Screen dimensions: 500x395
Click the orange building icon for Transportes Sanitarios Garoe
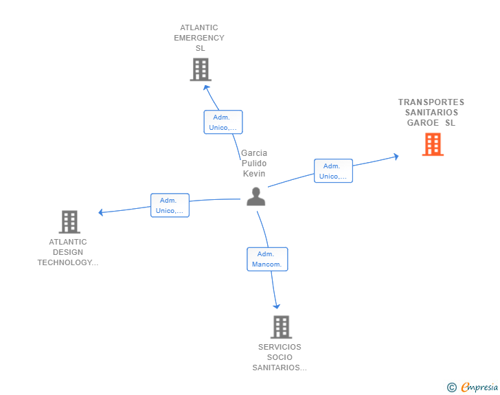[x=433, y=144]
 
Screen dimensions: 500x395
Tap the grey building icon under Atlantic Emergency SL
[x=201, y=69]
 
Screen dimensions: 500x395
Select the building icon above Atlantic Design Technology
[x=69, y=222]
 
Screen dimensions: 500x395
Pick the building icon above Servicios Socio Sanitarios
[x=282, y=327]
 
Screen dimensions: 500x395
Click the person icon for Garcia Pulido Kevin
[x=255, y=196]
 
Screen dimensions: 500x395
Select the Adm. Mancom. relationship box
[x=267, y=259]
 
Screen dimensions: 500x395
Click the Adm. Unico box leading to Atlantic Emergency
[x=223, y=122]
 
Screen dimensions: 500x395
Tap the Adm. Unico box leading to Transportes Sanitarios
[x=333, y=170]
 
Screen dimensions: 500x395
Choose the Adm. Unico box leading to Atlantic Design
[x=170, y=205]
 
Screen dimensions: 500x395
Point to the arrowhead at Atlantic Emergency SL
[x=207, y=87]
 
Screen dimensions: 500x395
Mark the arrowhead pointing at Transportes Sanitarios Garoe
[x=396, y=157]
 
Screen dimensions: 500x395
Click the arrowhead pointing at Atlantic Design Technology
[x=101, y=212]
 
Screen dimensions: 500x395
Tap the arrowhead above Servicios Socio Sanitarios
[x=277, y=306]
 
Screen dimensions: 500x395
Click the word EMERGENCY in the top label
[x=199, y=38]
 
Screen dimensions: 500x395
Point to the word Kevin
[x=254, y=174]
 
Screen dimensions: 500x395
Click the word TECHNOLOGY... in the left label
[x=68, y=262]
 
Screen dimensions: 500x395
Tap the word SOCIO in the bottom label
[x=280, y=357]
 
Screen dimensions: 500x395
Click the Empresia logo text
[x=479, y=387]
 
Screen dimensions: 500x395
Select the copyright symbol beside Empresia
[x=451, y=387]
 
